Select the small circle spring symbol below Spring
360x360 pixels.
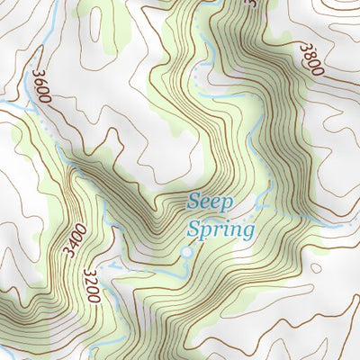186,253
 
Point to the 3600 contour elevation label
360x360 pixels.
42,87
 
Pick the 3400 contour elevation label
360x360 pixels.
76,242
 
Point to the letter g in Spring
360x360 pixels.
248,232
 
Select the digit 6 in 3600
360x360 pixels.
40,82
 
